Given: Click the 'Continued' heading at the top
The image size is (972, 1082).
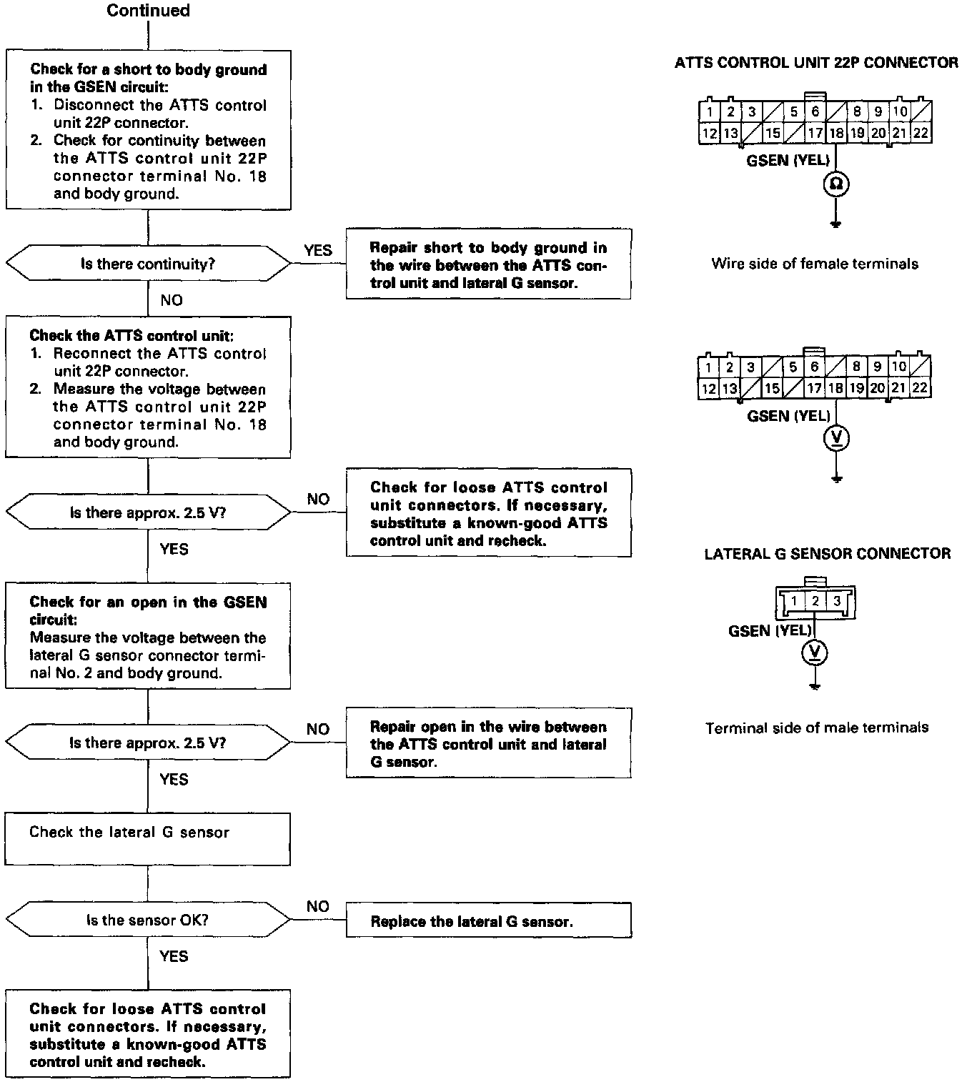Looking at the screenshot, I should (148, 11).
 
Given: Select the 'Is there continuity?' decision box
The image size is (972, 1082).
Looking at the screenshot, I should (148, 264).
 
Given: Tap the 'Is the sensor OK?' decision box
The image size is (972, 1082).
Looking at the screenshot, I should (148, 920).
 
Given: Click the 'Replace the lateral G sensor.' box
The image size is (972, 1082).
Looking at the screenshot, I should (488, 921).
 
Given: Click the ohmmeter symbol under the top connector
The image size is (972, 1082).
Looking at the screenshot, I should (835, 185).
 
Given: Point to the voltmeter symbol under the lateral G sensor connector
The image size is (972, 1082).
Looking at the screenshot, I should (815, 652).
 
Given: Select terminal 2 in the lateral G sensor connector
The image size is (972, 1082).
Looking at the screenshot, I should (815, 601).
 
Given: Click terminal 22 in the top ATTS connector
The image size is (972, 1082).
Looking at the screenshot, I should (921, 133).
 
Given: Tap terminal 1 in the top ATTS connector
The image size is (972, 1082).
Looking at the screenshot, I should (709, 111).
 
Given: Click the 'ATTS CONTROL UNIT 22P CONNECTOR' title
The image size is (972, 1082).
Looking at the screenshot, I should (816, 63).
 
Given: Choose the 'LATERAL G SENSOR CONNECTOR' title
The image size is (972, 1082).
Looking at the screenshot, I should (827, 554).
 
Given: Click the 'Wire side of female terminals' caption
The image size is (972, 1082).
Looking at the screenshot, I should (815, 264).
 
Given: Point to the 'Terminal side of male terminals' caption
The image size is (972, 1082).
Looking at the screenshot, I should (817, 728).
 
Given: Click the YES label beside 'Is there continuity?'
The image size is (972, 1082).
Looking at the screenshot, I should (318, 250).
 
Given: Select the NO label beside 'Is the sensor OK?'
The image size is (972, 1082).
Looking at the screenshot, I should (317, 906).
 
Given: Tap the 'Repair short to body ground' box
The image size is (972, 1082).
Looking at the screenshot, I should (488, 265).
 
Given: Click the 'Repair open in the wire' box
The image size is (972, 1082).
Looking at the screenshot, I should (488, 744).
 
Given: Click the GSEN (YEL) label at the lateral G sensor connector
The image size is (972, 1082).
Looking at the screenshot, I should (770, 630).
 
